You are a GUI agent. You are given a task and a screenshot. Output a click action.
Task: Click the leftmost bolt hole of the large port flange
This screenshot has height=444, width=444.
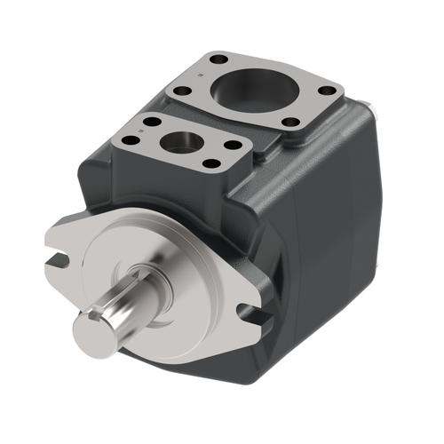click(182, 90)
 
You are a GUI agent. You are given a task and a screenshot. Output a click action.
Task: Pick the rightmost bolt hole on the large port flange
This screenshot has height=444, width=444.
click(328, 90)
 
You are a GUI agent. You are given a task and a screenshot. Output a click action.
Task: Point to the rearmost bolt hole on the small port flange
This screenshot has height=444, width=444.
click(151, 120)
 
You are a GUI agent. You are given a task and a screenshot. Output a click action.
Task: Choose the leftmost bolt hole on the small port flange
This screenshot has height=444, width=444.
click(131, 139)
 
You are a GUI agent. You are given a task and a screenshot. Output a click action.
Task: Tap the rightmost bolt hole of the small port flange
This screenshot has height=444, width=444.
click(234, 144)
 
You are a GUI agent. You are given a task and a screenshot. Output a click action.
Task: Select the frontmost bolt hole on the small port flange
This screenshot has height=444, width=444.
click(211, 163)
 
